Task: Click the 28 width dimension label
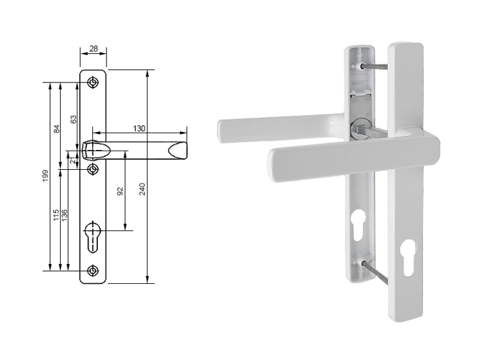click(x=94, y=48)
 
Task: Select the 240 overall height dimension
click(x=142, y=189)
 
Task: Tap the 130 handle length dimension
click(x=139, y=128)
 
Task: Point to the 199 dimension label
click(x=46, y=176)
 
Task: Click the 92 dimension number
click(x=120, y=191)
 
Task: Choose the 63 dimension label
click(x=74, y=119)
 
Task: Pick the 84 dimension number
click(x=56, y=129)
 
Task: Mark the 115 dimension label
click(x=56, y=216)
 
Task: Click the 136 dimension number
click(x=64, y=216)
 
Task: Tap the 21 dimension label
click(x=72, y=160)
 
